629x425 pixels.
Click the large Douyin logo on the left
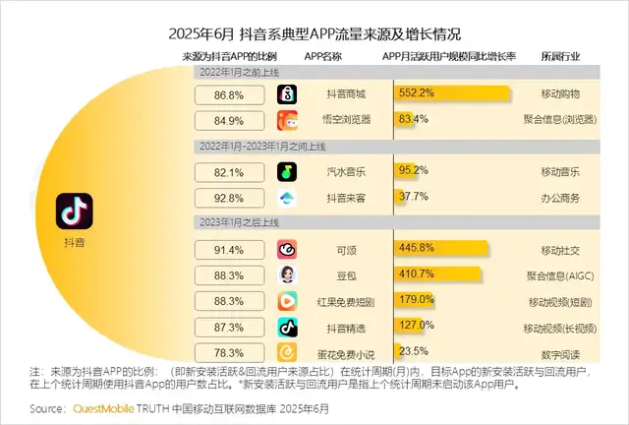tap(74, 210)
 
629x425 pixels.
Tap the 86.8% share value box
tap(228, 94)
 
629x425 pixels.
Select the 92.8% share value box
tap(228, 198)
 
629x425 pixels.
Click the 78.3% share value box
tap(228, 352)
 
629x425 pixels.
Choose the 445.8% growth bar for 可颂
tap(439, 248)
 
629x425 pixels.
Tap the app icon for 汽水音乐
tap(287, 171)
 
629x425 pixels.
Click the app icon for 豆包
tap(287, 274)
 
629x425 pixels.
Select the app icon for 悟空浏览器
tap(287, 120)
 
